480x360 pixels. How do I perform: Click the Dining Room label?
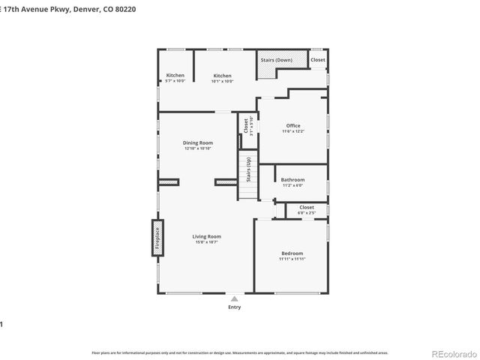[198, 142]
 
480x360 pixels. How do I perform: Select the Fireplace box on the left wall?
[157, 238]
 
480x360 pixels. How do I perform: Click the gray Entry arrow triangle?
[234, 298]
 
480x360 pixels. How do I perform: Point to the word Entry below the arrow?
[234, 307]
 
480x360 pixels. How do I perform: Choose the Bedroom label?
[292, 253]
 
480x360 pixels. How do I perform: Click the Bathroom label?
[292, 180]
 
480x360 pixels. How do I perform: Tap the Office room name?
[292, 125]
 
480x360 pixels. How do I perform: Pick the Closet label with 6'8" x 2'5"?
[307, 207]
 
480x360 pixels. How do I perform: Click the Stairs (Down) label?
[276, 60]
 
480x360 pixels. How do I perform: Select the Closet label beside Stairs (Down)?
[318, 60]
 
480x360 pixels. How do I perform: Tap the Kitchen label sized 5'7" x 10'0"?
[175, 76]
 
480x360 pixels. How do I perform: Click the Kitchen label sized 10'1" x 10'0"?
[222, 76]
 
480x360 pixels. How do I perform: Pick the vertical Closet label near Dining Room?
[246, 124]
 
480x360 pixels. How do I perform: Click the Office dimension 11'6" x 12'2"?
[292, 131]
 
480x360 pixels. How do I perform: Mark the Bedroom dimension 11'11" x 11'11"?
[292, 259]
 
